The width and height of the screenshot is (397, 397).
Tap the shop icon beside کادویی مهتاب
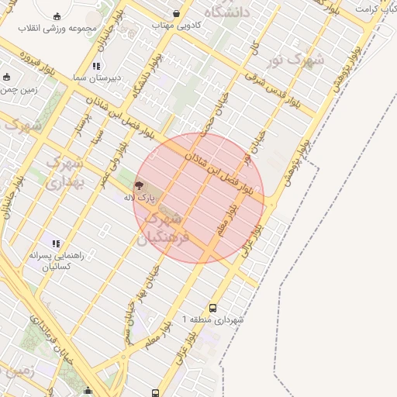point(177,13)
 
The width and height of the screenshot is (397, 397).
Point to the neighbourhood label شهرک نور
point(303,60)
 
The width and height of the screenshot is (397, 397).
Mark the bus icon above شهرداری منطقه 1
point(214,308)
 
